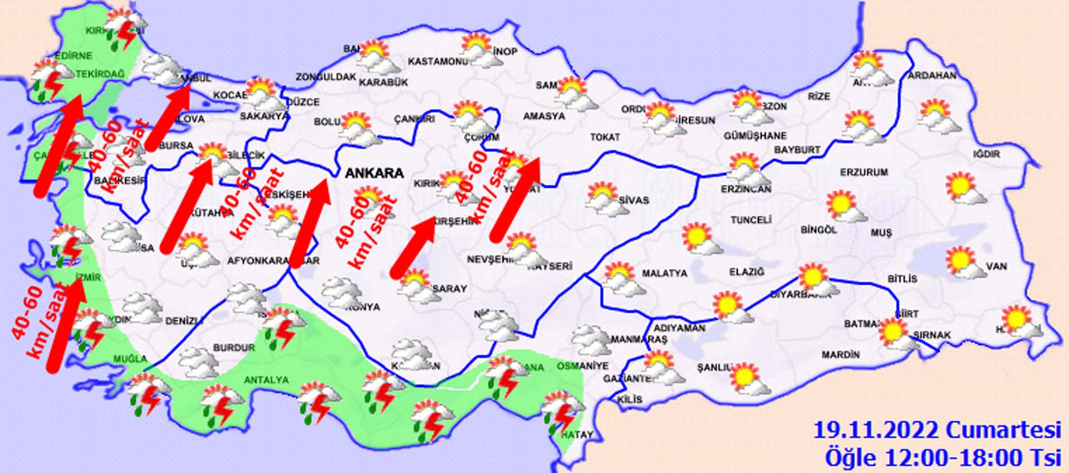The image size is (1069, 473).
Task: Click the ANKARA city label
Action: (x=374, y=173)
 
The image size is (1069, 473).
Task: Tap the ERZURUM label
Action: (x=864, y=173)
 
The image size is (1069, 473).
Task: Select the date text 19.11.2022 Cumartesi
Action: (x=936, y=431)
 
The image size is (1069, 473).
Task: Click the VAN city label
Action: (x=996, y=266)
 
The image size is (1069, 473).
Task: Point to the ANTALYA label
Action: (x=267, y=380)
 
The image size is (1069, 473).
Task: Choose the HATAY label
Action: (x=577, y=435)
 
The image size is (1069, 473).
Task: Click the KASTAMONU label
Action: (x=438, y=61)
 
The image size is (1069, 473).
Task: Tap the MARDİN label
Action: (x=840, y=354)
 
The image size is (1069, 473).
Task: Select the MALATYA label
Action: (x=664, y=274)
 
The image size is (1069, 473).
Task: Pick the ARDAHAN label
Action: (x=932, y=75)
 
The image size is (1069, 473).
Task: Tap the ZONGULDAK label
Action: (x=326, y=77)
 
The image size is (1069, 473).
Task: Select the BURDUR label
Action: (x=234, y=348)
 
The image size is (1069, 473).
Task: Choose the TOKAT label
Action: (x=605, y=137)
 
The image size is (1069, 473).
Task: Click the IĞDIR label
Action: (x=986, y=154)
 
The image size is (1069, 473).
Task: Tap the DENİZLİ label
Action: (x=184, y=321)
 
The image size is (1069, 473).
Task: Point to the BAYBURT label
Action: (x=797, y=150)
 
